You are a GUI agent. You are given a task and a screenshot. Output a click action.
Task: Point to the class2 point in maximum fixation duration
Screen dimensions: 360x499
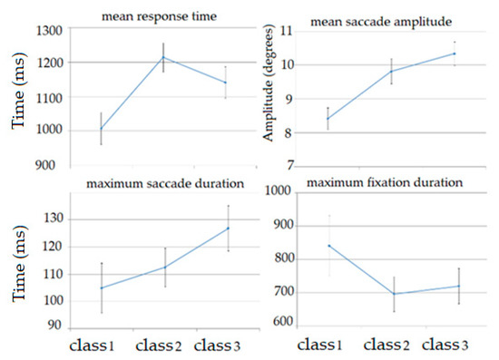pyautogui.click(x=395, y=294)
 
